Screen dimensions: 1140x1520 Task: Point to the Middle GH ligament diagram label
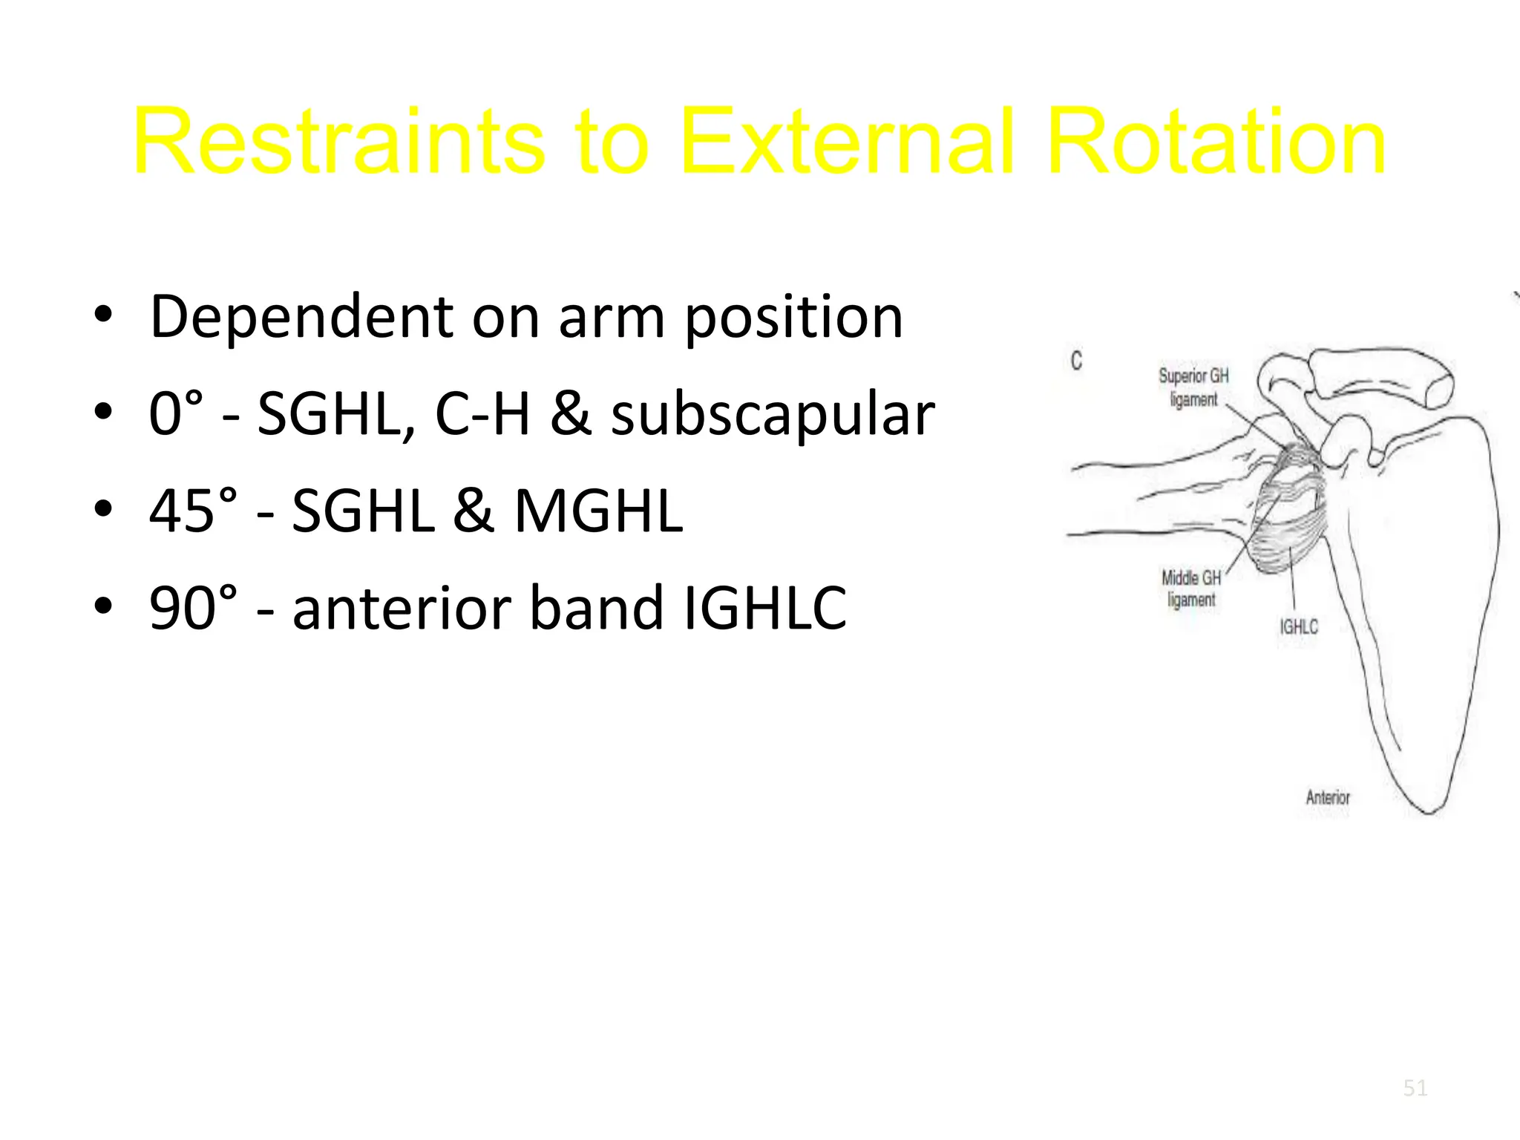[x=1191, y=588]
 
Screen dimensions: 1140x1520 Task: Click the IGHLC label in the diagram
[x=1298, y=627]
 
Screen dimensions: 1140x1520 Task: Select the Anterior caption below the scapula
[x=1328, y=798]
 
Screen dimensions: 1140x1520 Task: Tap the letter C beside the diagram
[x=1076, y=361]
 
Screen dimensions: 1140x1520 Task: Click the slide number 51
[x=1415, y=1088]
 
